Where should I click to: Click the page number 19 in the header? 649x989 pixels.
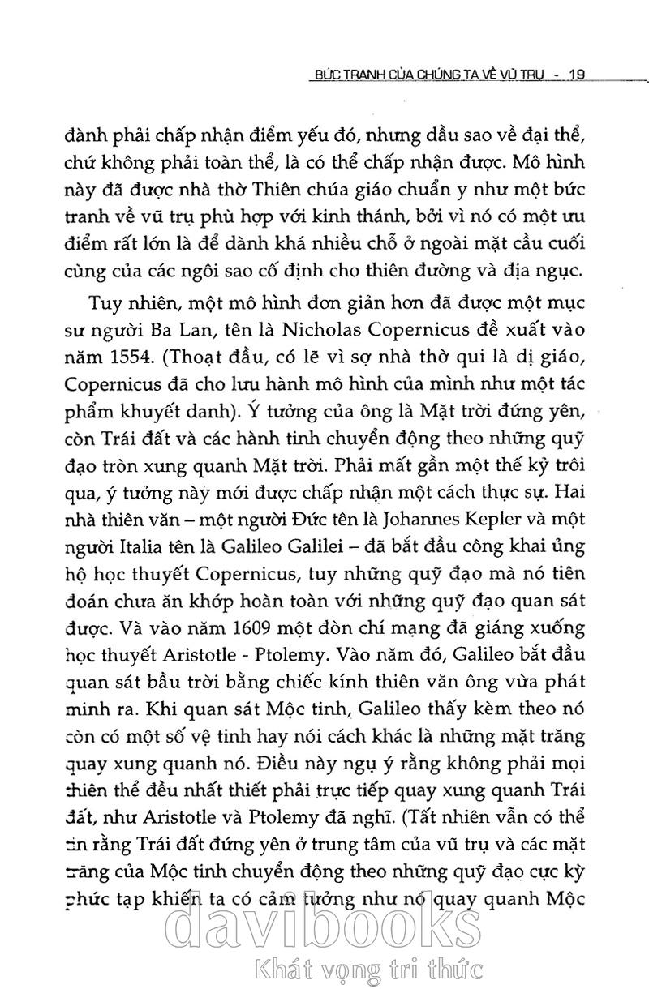tap(578, 75)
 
